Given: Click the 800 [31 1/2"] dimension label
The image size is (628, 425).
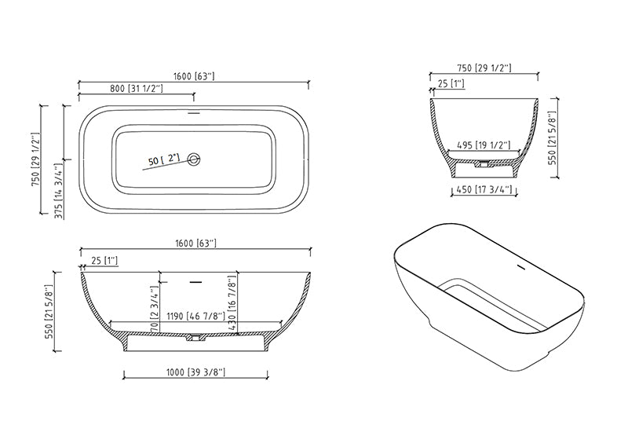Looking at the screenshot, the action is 137,89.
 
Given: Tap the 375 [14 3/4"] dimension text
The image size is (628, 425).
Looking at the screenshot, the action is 59,191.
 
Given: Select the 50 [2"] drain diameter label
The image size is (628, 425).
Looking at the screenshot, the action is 164,159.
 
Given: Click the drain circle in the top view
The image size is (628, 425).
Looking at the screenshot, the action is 194,159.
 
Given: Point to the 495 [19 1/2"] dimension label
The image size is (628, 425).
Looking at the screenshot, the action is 484,145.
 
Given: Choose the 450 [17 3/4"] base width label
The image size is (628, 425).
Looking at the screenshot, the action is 484,189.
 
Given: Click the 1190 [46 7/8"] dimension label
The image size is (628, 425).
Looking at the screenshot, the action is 195,317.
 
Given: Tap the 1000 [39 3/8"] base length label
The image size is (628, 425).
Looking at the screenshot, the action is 195,372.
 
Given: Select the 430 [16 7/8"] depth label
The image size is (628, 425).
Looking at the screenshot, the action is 232,303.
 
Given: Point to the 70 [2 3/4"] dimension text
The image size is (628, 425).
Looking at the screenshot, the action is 154,309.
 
